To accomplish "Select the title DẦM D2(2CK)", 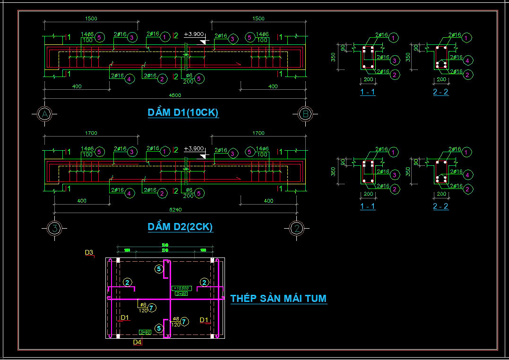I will pyautogui.click(x=180, y=227).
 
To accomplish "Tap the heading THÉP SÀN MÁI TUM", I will pyautogui.click(x=278, y=298).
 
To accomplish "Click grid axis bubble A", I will pyautogui.click(x=44, y=114).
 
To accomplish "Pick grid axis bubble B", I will pyautogui.click(x=305, y=114).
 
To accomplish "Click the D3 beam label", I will pyautogui.click(x=89, y=253).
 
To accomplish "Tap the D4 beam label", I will pyautogui.click(x=137, y=342).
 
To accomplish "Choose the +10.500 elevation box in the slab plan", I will pyautogui.click(x=181, y=288).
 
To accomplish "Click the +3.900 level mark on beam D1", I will pyautogui.click(x=194, y=34).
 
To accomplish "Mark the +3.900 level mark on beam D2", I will pyautogui.click(x=194, y=149).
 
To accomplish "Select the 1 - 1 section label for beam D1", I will pyautogui.click(x=368, y=92).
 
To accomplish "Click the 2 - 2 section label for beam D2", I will pyautogui.click(x=440, y=206).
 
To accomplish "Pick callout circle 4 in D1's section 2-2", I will pyautogui.click(x=467, y=60).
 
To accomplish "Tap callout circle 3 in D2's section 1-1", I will pyautogui.click(x=395, y=175).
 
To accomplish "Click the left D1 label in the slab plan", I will pyautogui.click(x=125, y=317).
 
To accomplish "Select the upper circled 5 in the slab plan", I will pyautogui.click(x=159, y=269).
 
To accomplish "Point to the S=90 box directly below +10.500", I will pyautogui.click(x=181, y=294).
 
